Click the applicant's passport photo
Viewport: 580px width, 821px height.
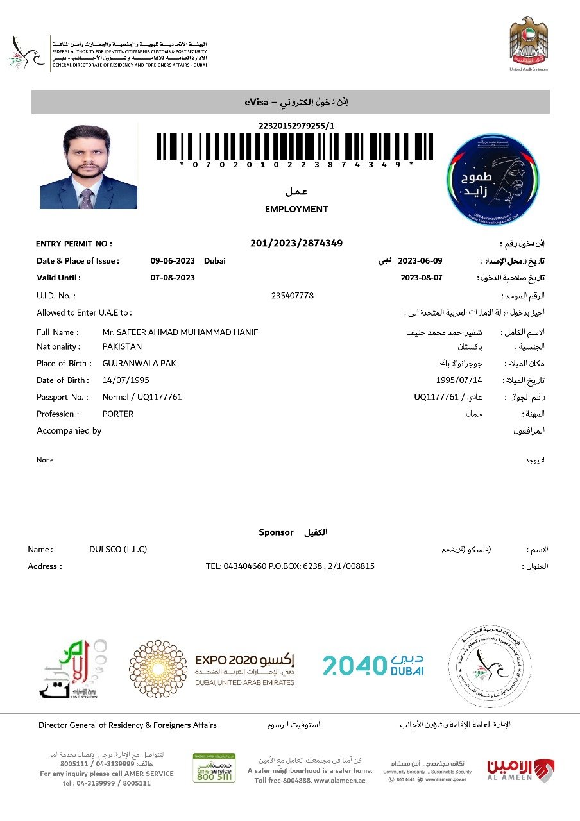pyautogui.click(x=89, y=167)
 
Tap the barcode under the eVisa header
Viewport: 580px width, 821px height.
pyautogui.click(x=295, y=146)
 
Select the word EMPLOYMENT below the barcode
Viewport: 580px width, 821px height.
pyautogui.click(x=296, y=209)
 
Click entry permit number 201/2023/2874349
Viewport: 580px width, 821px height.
pyautogui.click(x=296, y=243)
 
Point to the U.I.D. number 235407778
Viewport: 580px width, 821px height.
pyautogui.click(x=293, y=296)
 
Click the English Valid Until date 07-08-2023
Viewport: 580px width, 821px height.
pyautogui.click(x=173, y=278)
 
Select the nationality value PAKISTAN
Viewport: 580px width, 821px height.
pyautogui.click(x=122, y=346)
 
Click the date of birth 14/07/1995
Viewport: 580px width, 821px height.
pyautogui.click(x=126, y=380)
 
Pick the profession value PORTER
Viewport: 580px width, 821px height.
pyautogui.click(x=118, y=414)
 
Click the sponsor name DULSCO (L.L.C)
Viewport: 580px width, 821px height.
pyautogui.click(x=118, y=550)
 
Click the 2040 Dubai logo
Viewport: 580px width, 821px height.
pyautogui.click(x=373, y=665)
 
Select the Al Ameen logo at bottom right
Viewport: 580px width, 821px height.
pyautogui.click(x=520, y=771)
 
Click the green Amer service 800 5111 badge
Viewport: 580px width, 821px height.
pyautogui.click(x=214, y=768)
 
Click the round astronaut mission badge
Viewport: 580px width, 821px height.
pyautogui.click(x=493, y=180)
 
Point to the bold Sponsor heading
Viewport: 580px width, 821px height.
pyautogui.click(x=276, y=532)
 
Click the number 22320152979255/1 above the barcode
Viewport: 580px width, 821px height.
pyautogui.click(x=296, y=126)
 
